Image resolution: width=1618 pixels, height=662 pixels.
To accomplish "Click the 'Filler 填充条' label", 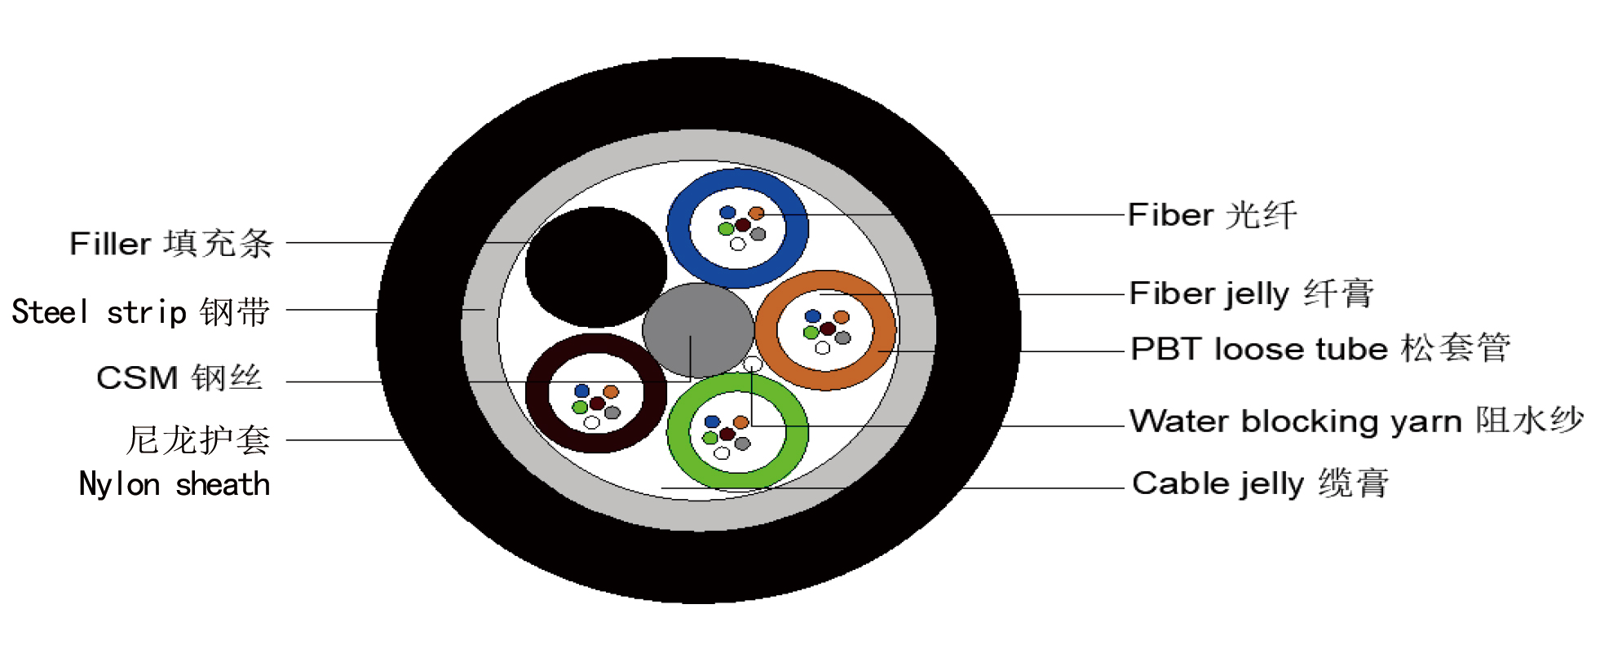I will point(171,244).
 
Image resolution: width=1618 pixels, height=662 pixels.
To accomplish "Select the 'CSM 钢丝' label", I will point(179,378).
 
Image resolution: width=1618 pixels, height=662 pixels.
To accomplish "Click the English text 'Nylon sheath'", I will point(174,484).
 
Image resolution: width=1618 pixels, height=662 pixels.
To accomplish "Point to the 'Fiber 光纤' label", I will point(1212,215).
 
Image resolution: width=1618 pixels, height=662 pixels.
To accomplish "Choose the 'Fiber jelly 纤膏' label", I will point(1251,293).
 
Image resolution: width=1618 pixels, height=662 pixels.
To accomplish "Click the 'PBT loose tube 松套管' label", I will point(1320,349).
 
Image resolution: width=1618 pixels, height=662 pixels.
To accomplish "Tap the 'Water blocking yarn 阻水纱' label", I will point(1355,421).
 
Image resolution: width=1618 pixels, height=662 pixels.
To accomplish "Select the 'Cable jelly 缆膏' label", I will point(1260,483).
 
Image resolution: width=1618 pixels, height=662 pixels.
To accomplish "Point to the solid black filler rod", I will point(596,267).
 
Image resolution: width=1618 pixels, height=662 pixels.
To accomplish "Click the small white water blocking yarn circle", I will point(753,364).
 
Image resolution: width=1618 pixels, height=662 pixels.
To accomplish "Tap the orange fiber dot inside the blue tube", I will point(756,214).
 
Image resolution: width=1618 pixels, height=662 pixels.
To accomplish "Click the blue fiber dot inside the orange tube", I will point(812,316).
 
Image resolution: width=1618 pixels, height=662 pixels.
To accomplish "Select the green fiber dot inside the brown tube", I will point(580,407).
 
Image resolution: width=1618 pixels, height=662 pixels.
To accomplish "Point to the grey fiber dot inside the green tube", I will point(742,444).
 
